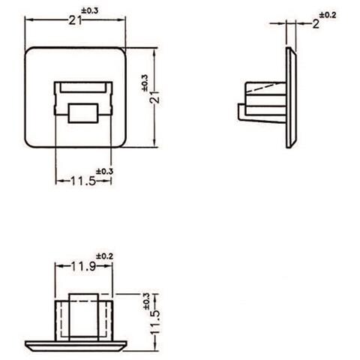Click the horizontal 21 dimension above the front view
pos(75,22)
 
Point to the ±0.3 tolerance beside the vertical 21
pos(144,81)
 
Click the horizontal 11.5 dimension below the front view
pos(82,181)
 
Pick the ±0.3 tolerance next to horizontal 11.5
pos(104,171)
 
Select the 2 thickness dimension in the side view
pos(316,23)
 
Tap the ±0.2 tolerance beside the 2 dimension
pos(328,14)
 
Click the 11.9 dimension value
pos(82,266)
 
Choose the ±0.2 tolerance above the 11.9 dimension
pos(103,256)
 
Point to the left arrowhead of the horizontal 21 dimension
pos(28,22)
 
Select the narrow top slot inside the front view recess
pos(82,88)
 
